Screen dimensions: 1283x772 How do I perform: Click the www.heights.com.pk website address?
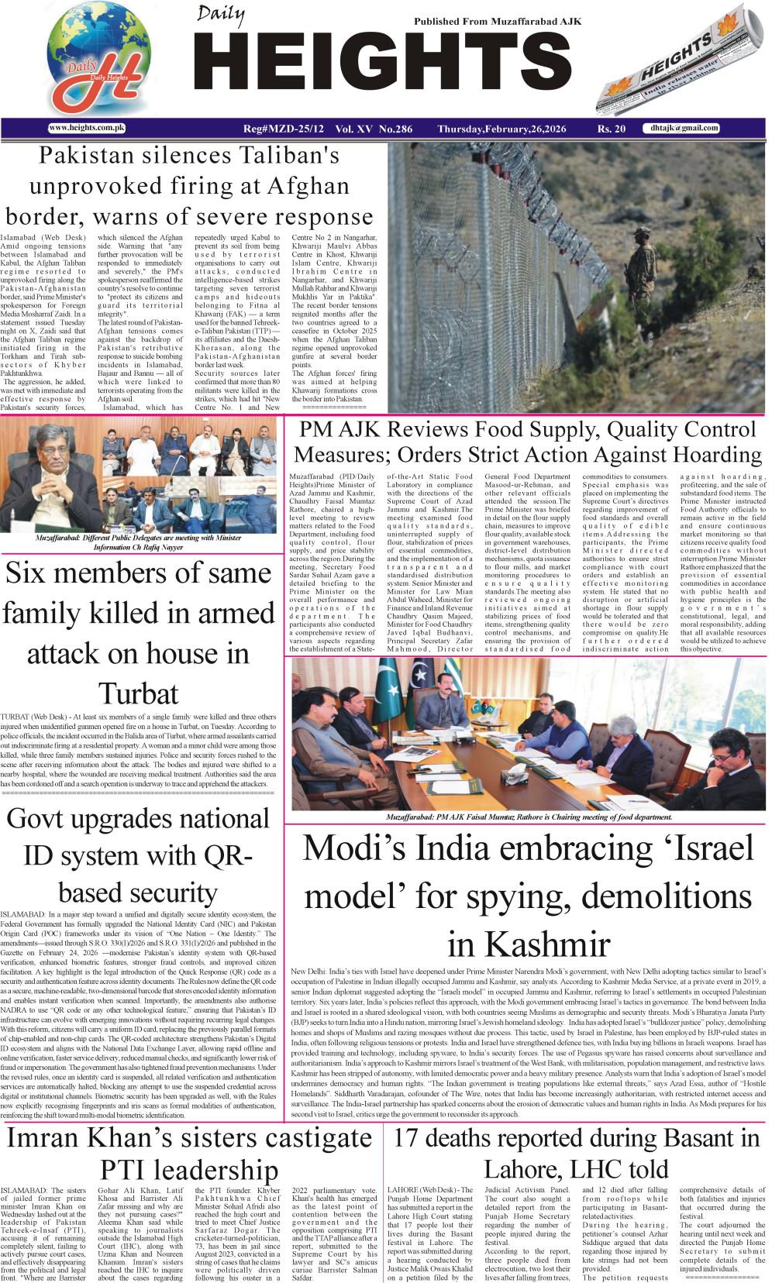[86, 128]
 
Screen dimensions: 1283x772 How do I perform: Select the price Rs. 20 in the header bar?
[611, 129]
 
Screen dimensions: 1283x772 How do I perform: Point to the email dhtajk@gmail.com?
[684, 128]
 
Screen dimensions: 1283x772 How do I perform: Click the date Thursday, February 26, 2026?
[501, 129]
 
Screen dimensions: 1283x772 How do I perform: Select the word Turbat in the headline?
[139, 693]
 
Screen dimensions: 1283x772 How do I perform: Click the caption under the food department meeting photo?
[529, 817]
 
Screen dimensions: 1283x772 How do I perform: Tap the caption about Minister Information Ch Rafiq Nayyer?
[138, 542]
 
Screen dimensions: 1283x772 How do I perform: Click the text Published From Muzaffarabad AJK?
[497, 22]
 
